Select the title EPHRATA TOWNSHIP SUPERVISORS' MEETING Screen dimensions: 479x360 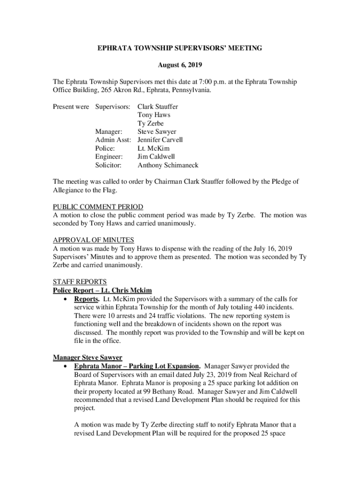180,48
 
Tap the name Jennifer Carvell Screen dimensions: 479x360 160,140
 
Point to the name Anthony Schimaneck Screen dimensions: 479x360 168,165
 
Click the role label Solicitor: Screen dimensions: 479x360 108,165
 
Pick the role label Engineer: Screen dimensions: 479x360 109,157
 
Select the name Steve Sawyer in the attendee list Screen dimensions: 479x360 157,131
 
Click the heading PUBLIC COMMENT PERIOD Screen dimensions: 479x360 98,207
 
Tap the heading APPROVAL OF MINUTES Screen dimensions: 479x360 94,240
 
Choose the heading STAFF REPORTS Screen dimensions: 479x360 80,282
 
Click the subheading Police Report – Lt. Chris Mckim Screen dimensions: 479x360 102,290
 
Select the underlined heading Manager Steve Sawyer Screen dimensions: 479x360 87,358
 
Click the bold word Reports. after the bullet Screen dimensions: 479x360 86,298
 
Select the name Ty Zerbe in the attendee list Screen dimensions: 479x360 151,123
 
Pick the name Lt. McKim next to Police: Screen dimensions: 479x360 154,148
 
